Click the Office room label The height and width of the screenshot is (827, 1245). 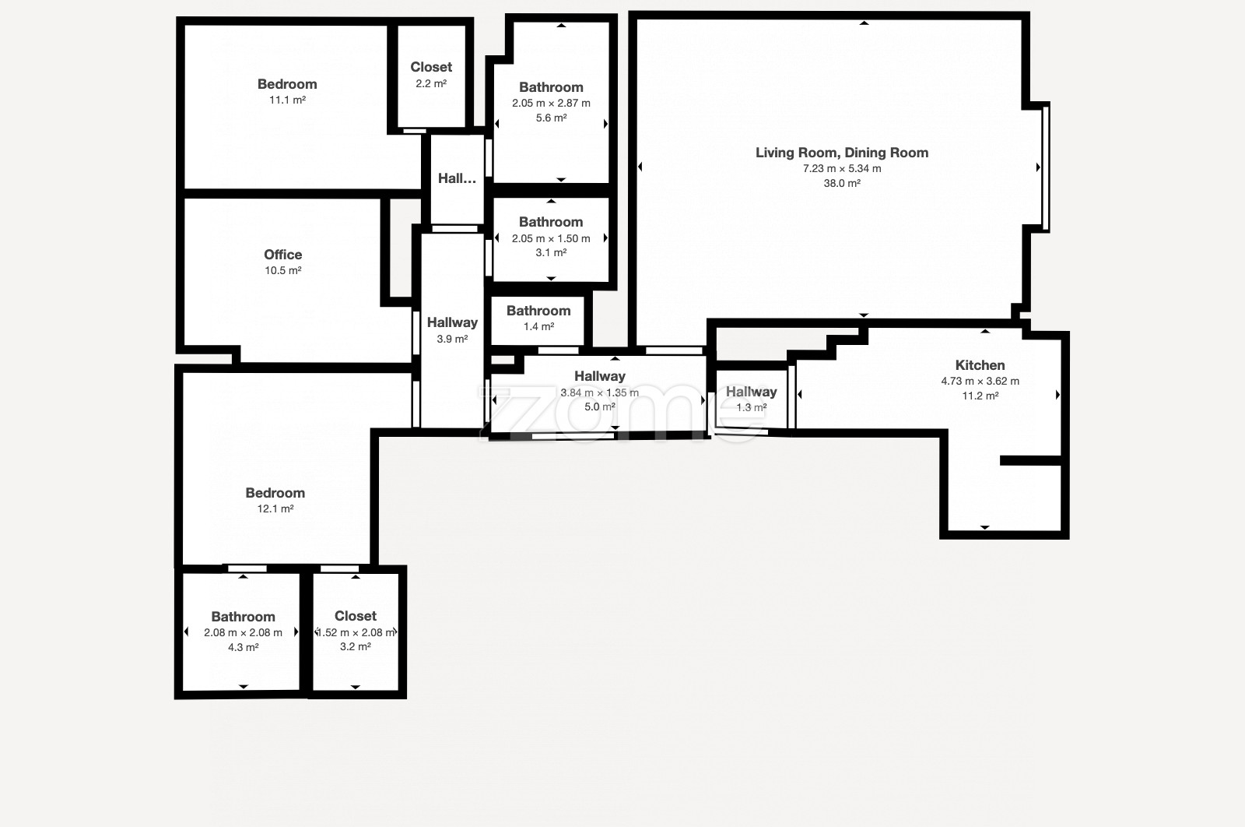283,255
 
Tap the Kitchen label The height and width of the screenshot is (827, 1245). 980,365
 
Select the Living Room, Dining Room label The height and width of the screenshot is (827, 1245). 841,153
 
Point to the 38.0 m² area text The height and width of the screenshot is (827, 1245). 842,183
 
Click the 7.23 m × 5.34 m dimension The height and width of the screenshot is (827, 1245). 842,168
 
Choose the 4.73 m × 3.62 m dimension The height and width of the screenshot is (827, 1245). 980,382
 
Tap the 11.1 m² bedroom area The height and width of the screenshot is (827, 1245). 287,100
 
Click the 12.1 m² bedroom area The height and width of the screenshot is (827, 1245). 275,509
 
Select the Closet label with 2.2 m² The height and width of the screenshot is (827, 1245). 431,67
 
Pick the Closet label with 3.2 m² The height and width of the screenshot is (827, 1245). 356,616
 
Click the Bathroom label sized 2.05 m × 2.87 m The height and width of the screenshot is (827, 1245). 552,87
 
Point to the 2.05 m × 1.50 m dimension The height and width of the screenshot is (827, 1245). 552,238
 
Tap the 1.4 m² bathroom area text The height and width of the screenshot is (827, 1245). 538,326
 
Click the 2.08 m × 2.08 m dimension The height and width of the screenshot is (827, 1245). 243,633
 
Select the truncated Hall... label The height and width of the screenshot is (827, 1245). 457,178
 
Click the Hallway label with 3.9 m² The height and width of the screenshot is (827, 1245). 452,322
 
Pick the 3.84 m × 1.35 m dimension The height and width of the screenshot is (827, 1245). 600,392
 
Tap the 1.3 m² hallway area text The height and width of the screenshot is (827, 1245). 752,408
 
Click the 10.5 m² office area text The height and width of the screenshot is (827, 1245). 283,271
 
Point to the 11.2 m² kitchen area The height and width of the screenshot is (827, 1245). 980,396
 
